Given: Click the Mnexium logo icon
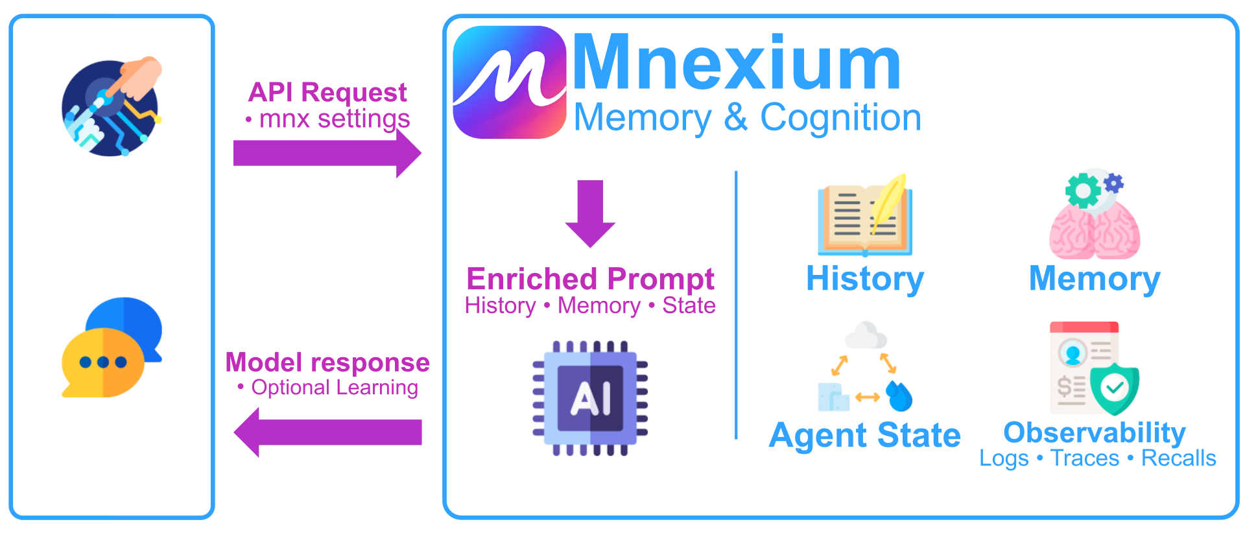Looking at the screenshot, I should click(509, 82).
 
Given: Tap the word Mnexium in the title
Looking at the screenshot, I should click(736, 63).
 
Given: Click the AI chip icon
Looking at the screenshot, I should click(590, 397).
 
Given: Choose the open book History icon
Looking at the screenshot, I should click(864, 217).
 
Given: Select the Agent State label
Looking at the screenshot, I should click(864, 435).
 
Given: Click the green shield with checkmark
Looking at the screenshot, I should click(1115, 388).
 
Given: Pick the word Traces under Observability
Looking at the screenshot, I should click(1084, 458).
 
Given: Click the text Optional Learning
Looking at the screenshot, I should click(334, 388).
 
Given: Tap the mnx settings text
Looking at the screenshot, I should click(334, 119).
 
